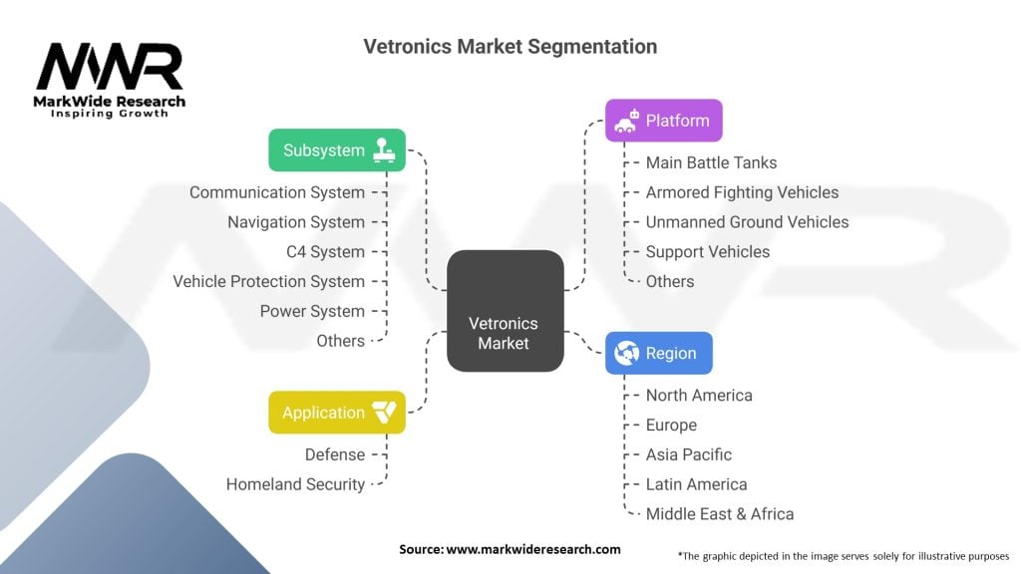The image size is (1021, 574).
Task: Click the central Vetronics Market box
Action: (505, 311)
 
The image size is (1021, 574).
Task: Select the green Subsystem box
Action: (337, 150)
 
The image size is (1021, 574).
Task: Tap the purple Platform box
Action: (663, 121)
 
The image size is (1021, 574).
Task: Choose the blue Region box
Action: (658, 353)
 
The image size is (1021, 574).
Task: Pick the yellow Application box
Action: (337, 413)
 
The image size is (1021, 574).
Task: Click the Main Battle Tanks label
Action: (711, 162)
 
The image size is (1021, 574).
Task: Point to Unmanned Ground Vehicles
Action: (747, 222)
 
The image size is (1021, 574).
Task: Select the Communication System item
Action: (277, 192)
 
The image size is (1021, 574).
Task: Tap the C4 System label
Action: (325, 252)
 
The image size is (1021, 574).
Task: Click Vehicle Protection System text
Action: (268, 282)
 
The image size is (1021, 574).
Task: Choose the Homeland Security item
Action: (295, 484)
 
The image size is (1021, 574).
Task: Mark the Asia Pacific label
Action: (688, 454)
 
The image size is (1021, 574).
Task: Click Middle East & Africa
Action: (719, 514)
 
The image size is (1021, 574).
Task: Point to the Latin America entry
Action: (696, 484)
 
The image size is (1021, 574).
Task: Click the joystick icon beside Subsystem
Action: (384, 150)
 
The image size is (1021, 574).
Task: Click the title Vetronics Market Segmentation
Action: (510, 47)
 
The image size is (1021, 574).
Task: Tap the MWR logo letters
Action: (110, 68)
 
